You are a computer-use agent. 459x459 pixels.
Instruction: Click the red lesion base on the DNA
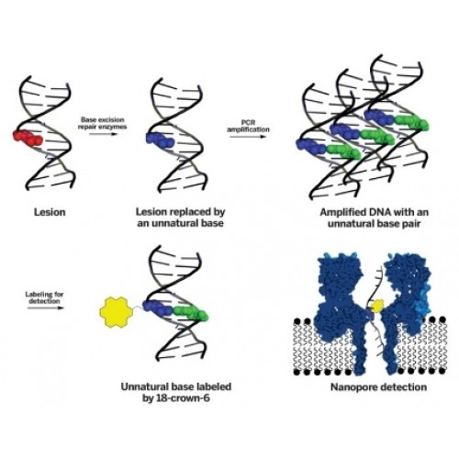tap(28, 138)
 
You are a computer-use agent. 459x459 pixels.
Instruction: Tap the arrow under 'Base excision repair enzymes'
tap(104, 134)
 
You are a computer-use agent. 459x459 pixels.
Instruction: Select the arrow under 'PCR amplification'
tap(248, 137)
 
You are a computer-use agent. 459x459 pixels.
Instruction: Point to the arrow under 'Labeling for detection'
tap(46, 308)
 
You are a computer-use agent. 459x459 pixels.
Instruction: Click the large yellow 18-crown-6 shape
tap(117, 312)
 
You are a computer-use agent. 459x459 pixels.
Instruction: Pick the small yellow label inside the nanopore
tap(376, 307)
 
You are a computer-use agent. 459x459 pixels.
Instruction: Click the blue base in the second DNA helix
tap(160, 140)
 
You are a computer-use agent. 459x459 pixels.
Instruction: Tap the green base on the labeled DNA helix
tap(190, 313)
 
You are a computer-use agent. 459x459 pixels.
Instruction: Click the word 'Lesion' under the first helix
tap(50, 212)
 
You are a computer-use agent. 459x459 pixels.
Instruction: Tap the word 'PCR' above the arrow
tap(248, 123)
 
